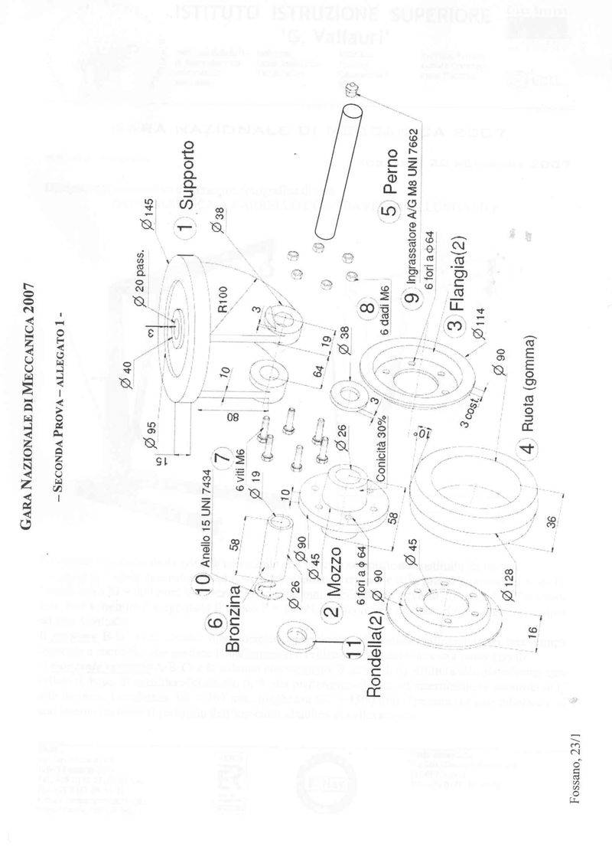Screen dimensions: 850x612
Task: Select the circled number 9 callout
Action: (x=410, y=300)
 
